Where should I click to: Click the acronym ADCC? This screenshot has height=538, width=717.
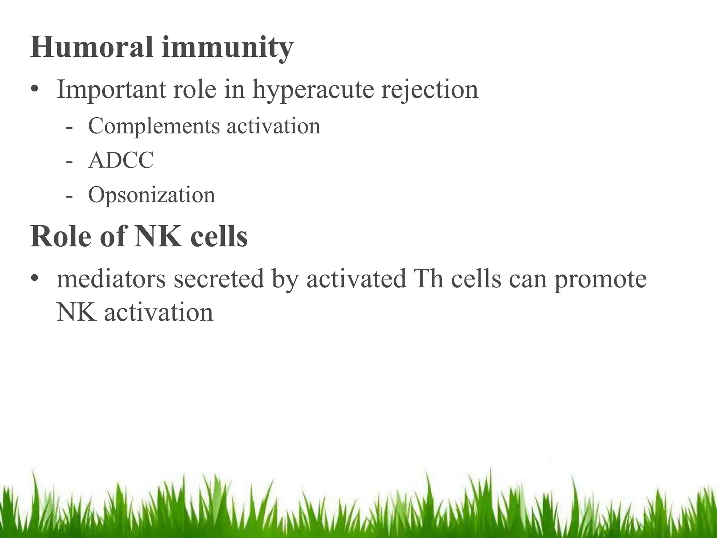point(121,160)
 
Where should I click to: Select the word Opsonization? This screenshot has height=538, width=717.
point(151,195)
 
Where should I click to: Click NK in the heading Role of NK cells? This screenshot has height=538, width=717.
point(158,237)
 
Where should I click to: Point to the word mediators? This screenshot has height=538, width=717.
point(111,279)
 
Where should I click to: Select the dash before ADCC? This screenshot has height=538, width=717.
point(69,161)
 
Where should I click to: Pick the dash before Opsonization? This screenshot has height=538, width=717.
point(69,195)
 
